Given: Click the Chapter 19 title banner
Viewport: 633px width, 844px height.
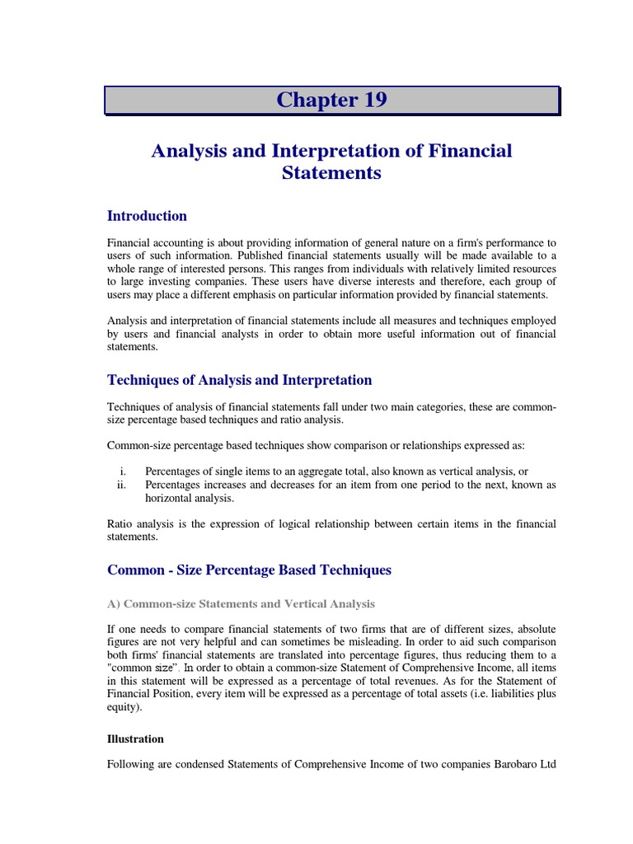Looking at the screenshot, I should click(331, 101).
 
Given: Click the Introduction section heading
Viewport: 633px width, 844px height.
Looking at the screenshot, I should click(147, 216).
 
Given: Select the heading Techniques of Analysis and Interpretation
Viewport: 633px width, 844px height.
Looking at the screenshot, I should click(239, 380).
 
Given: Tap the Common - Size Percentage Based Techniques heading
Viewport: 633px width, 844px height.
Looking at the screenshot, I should click(249, 570).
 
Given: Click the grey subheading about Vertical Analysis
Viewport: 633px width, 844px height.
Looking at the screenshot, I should click(241, 604).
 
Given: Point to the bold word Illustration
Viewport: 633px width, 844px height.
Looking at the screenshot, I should click(135, 739).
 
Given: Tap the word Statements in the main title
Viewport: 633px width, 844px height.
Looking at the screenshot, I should click(331, 174).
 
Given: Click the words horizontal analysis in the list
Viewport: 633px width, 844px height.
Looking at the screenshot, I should click(189, 498).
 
